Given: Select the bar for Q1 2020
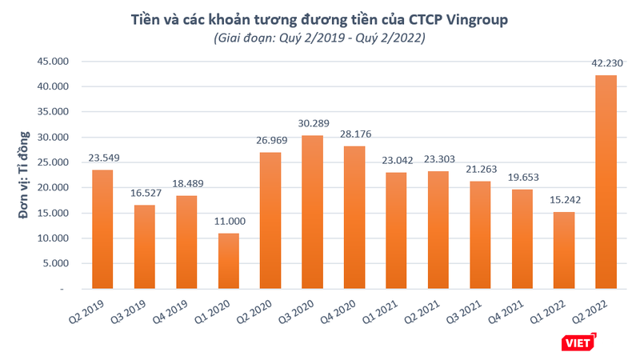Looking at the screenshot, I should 230,261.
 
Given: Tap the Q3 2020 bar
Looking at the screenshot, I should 313,212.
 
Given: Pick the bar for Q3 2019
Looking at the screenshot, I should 146,246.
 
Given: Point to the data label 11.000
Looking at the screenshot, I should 230,224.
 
